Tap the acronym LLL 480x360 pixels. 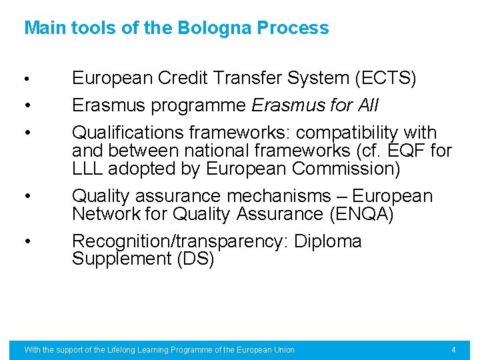pos(89,169)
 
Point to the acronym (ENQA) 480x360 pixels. pos(358,214)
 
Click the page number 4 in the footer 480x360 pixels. pos(453,350)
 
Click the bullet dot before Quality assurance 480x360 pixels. pos(26,196)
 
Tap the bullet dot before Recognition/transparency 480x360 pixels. pos(26,241)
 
